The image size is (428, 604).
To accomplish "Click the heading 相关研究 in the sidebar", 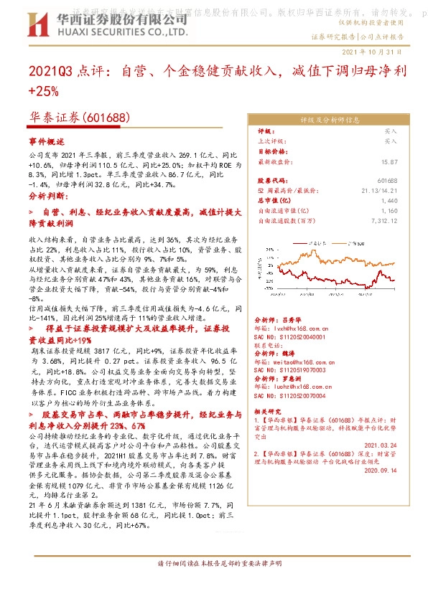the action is point(268,411).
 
